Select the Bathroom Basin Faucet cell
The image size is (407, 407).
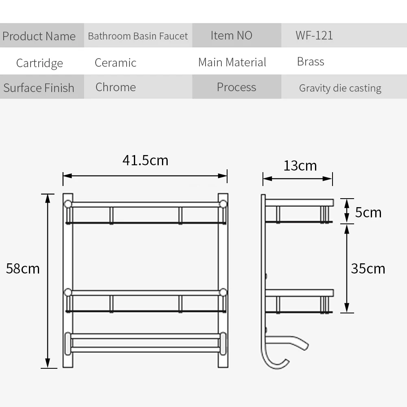click(x=138, y=36)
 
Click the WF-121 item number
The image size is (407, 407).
click(x=314, y=35)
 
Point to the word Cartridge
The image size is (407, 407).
click(x=39, y=63)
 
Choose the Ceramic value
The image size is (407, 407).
click(x=116, y=63)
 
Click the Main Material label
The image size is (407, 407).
click(x=232, y=62)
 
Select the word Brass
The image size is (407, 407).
click(x=311, y=62)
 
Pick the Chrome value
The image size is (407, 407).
click(x=116, y=87)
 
